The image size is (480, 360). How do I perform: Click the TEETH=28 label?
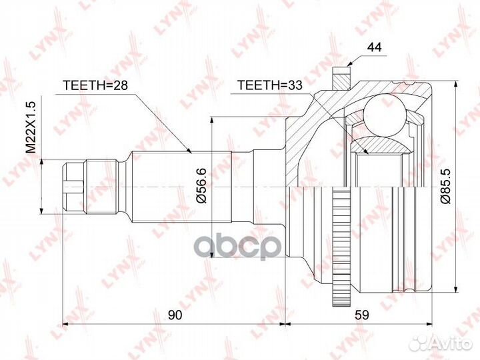tap(95, 85)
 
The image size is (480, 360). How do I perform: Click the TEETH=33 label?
tap(270, 85)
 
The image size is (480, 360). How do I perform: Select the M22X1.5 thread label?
tap(31, 127)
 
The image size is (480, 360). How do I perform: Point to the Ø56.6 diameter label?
tap(202, 185)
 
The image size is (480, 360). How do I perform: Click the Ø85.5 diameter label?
tap(445, 186)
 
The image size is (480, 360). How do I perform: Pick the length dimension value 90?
tap(175, 315)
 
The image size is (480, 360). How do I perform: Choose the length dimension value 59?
tap(361, 315)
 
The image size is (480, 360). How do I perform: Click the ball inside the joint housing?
tap(384, 115)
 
